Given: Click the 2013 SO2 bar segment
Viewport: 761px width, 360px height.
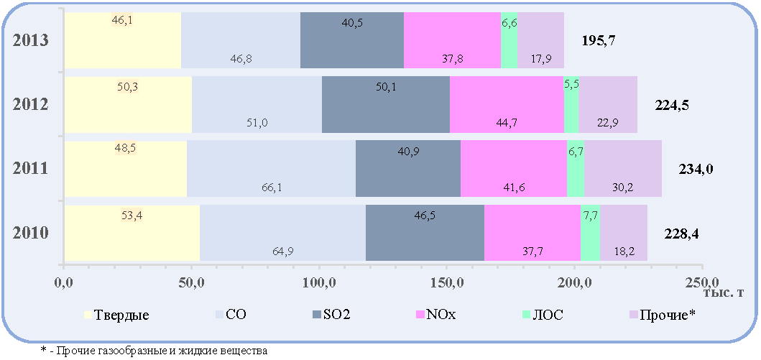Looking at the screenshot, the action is tap(352, 40).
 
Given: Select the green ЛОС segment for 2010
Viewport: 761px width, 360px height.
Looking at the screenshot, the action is tap(590, 233).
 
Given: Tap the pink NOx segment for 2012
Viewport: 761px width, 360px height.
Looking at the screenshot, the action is tap(507, 104).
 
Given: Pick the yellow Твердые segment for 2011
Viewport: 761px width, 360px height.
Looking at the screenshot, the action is tap(126, 169).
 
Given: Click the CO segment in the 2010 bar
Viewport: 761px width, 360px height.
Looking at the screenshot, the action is tap(283, 233).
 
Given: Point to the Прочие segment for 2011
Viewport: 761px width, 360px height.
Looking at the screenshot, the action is tap(623, 169).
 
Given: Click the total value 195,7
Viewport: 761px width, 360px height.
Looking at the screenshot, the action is tap(599, 41).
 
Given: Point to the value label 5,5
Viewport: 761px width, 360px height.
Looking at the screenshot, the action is tap(571, 83).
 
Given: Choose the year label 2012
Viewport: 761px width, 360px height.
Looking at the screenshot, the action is tap(31, 104).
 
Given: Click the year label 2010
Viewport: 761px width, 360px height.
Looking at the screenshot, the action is tap(31, 234).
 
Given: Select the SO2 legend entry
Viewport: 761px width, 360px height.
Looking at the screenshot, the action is tap(331, 315).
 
